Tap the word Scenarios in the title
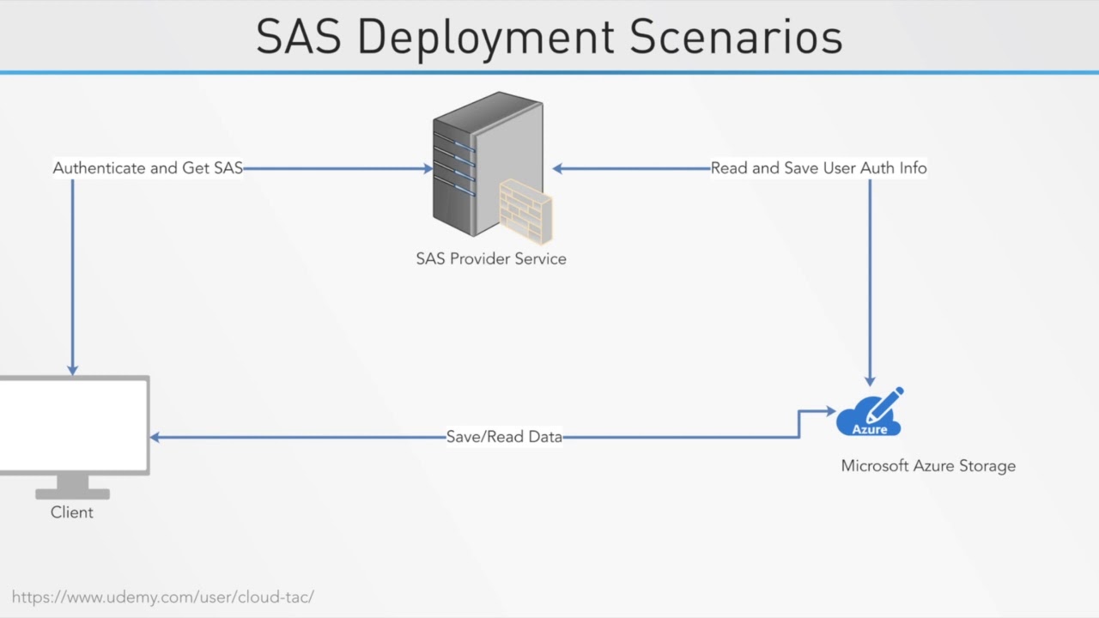pyautogui.click(x=736, y=37)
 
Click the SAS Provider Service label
pyautogui.click(x=491, y=258)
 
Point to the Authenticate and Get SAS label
pyautogui.click(x=148, y=168)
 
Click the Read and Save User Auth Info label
pyautogui.click(x=818, y=168)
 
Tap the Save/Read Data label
pyautogui.click(x=504, y=437)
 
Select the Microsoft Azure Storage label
pyautogui.click(x=928, y=466)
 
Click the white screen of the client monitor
pyautogui.click(x=73, y=424)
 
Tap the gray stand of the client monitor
pyautogui.click(x=72, y=487)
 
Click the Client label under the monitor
pyautogui.click(x=72, y=512)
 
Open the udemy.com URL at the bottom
pyautogui.click(x=163, y=597)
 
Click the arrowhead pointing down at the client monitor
pyautogui.click(x=73, y=370)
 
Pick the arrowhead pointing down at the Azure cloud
pyautogui.click(x=870, y=380)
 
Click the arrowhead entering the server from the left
pyautogui.click(x=428, y=168)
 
